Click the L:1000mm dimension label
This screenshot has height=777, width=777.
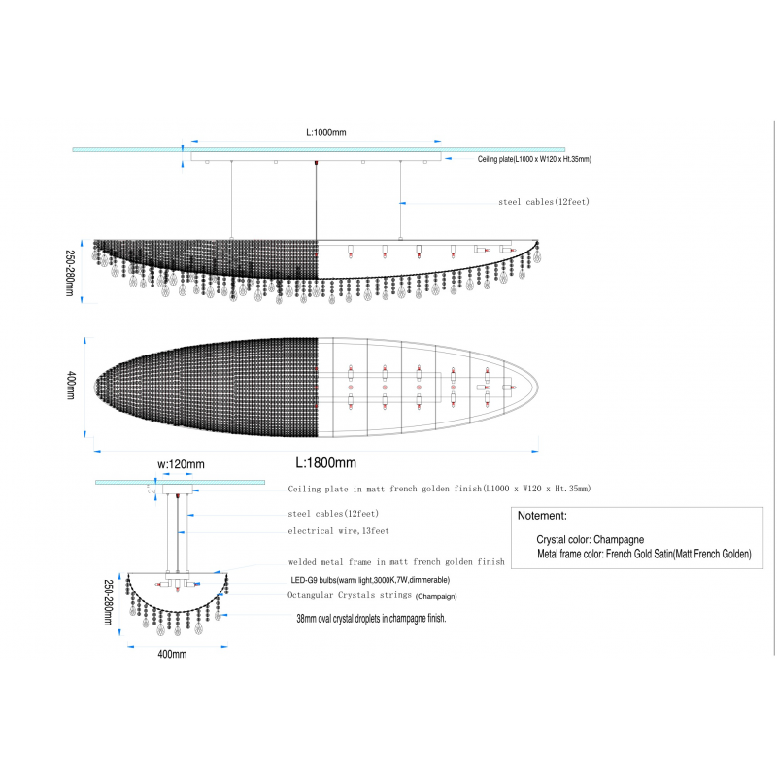coord(326,132)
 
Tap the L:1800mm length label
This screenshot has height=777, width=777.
coord(326,463)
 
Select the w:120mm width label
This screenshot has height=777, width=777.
coord(181,464)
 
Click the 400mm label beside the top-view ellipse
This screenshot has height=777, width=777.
coord(71,385)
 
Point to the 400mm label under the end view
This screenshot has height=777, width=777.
coord(172,654)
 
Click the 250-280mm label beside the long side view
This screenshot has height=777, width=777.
coord(70,273)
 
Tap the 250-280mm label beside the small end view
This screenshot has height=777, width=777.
coord(109,602)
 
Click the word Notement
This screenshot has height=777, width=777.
coord(542,516)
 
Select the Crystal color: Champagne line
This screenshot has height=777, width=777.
coord(591,539)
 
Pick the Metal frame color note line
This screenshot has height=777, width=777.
coord(644,554)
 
